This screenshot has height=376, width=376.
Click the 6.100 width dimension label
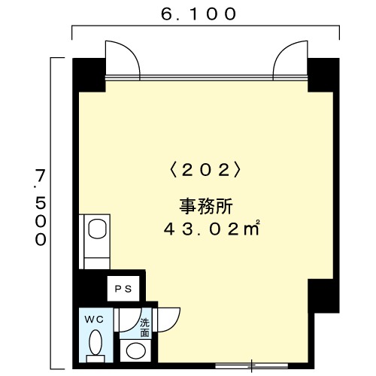199,14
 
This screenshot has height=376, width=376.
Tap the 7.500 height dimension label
41,207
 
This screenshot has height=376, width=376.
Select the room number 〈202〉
205,171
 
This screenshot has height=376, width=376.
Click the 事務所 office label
206,206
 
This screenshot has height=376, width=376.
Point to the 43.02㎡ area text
211,229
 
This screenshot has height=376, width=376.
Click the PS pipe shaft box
123,289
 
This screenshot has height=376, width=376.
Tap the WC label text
94,320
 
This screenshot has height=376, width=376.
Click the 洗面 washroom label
144,327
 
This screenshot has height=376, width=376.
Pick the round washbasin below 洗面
136,350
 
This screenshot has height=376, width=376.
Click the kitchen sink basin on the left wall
98,229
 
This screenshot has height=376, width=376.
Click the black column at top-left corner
89,74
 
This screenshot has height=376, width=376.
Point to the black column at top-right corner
323,74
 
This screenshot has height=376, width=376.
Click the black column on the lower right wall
323,296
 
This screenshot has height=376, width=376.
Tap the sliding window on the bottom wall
251,366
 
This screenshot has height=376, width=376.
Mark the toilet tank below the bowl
96,359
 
